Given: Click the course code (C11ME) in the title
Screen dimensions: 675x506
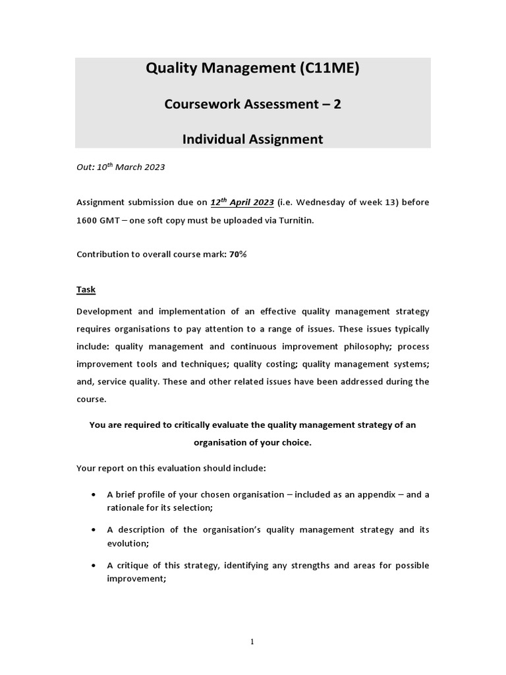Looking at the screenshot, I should (x=322, y=69).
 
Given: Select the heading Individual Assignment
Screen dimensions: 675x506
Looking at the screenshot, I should (x=252, y=139).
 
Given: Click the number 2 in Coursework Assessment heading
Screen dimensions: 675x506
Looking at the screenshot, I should (x=337, y=104).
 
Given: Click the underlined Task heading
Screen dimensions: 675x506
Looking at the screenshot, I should (x=86, y=289).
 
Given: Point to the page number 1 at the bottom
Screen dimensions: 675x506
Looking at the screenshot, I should (x=253, y=643).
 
